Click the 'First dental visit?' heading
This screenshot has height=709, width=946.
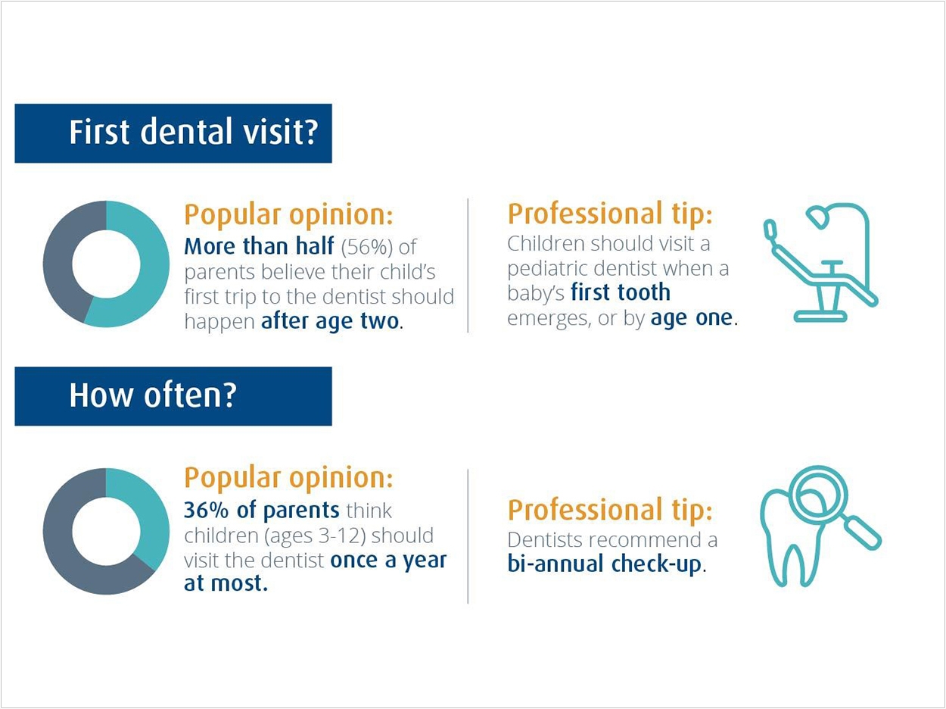pyautogui.click(x=194, y=132)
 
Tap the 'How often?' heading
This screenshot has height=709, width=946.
pyautogui.click(x=153, y=395)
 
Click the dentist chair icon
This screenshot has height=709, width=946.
pyautogui.click(x=820, y=263)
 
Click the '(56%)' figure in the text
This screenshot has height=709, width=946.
pyautogui.click(x=367, y=247)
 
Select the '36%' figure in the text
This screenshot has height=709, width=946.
pyautogui.click(x=206, y=510)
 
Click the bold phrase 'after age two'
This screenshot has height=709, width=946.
pyautogui.click(x=330, y=321)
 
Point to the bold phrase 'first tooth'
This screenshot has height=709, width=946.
pyautogui.click(x=621, y=292)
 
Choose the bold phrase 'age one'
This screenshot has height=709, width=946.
pyautogui.click(x=691, y=318)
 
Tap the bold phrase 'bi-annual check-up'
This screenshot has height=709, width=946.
pyautogui.click(x=604, y=564)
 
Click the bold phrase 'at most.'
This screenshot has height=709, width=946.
pyautogui.click(x=226, y=583)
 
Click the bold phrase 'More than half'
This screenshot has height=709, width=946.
pyautogui.click(x=259, y=246)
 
